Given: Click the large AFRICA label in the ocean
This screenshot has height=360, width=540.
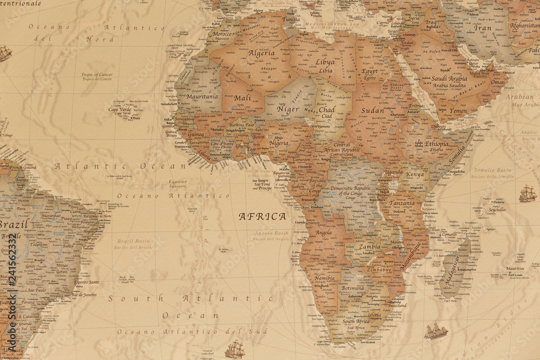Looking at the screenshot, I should tap(262, 216).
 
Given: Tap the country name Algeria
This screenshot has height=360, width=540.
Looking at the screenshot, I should tap(261, 53).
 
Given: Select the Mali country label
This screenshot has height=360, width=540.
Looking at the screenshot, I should tap(242, 98).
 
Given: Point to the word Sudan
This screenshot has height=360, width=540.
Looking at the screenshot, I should tap(373, 111).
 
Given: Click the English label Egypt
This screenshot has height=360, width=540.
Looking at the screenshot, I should tap(370, 71).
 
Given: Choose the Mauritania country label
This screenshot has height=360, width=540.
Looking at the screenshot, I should tap(202, 97).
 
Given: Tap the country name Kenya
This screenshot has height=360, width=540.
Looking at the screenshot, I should tap(415, 175).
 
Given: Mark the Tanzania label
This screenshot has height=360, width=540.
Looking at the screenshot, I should tap(402, 203).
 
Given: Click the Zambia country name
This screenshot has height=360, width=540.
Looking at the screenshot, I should tap(369, 247).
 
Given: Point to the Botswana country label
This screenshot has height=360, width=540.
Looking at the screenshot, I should tap(353, 288).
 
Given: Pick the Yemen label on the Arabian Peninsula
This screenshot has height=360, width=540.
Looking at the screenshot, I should tap(458, 111).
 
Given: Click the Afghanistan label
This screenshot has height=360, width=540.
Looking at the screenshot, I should tap(524, 25).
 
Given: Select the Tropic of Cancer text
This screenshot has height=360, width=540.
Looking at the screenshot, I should tap(97, 74).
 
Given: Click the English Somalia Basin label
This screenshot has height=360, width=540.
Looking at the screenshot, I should tap(492, 170).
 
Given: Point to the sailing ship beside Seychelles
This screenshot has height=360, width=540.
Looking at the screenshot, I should tap(528, 194).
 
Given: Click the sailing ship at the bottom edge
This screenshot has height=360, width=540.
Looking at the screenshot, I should tap(234, 350).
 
